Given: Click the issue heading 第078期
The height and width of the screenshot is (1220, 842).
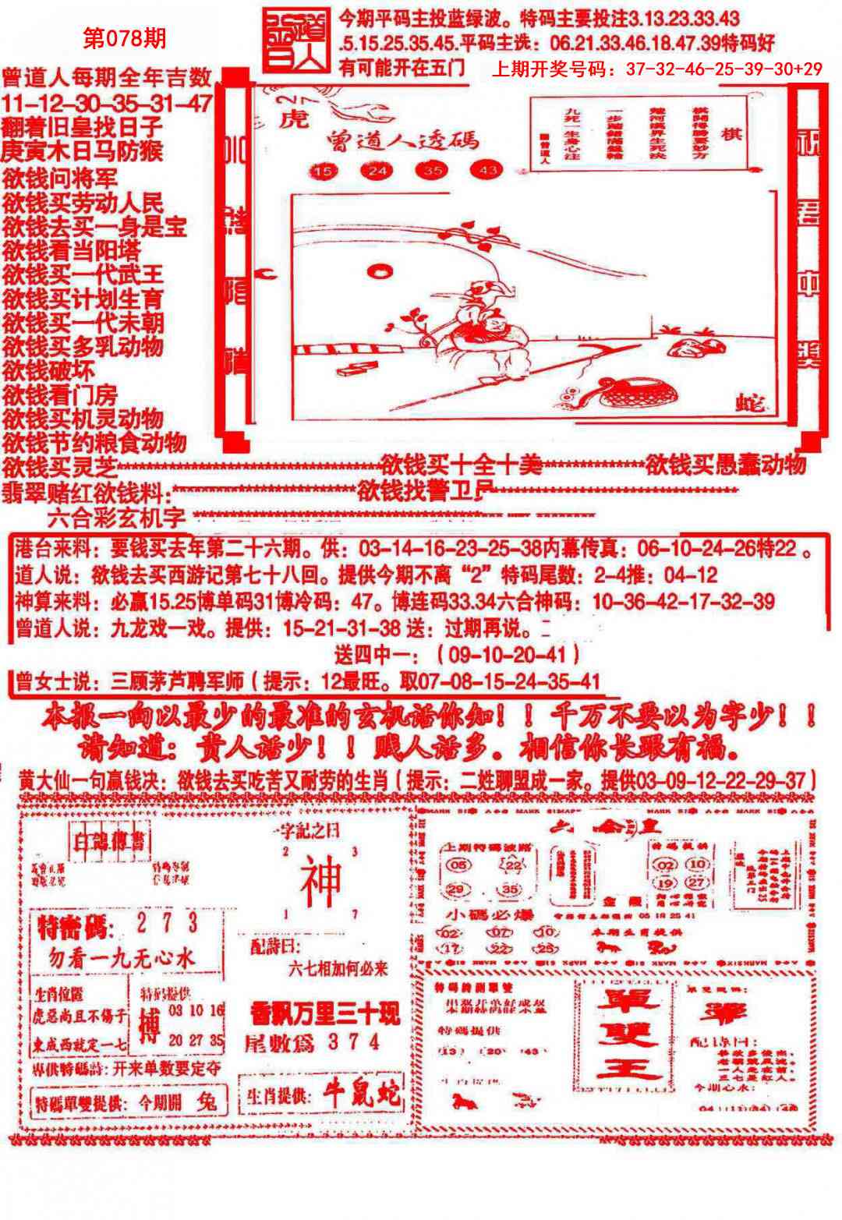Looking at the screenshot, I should click(124, 38).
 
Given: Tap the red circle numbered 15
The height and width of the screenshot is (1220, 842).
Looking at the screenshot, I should click(322, 170).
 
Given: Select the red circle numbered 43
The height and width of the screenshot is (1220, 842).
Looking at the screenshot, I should click(487, 170).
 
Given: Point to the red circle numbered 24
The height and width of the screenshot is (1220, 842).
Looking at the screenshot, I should click(377, 170).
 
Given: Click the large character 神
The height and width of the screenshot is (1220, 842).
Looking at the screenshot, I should click(321, 879).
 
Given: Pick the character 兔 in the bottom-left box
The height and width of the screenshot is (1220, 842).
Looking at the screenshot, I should click(207, 1102).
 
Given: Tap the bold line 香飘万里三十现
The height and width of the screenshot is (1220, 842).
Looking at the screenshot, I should click(324, 1014).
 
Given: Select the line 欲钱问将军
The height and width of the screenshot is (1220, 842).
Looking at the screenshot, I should click(59, 178).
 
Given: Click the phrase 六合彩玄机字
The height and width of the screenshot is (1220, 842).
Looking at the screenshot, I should click(117, 517).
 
